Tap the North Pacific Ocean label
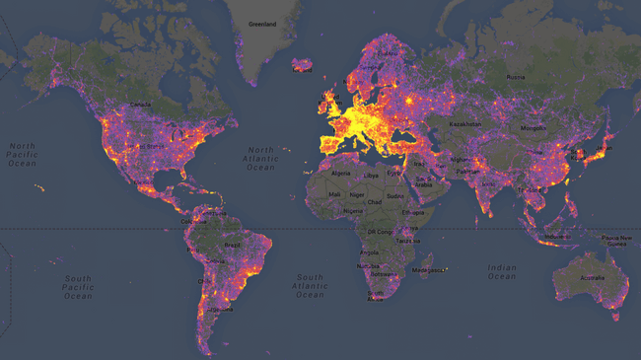click(23, 155)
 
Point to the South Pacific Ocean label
click(78, 287)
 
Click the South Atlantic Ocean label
click(310, 286)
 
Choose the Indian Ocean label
click(501, 271)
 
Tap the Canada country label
click(141, 105)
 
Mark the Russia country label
click(516, 77)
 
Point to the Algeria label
click(339, 173)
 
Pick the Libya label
click(372, 176)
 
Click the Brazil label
click(233, 245)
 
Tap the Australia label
click(592, 277)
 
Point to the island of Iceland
click(303, 65)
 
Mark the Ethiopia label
click(413, 212)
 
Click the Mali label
click(335, 195)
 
